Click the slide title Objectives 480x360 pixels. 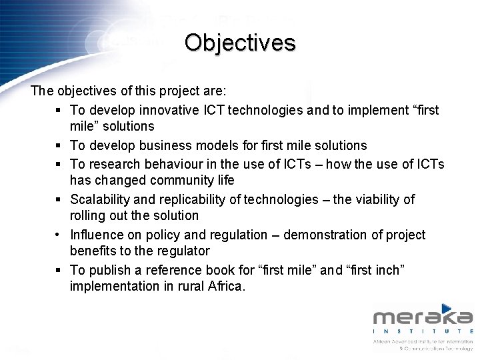(240, 43)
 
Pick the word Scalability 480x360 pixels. (101, 199)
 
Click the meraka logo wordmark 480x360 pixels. (423, 316)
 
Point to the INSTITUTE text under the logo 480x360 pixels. (423, 331)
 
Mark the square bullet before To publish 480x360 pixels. (59, 271)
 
